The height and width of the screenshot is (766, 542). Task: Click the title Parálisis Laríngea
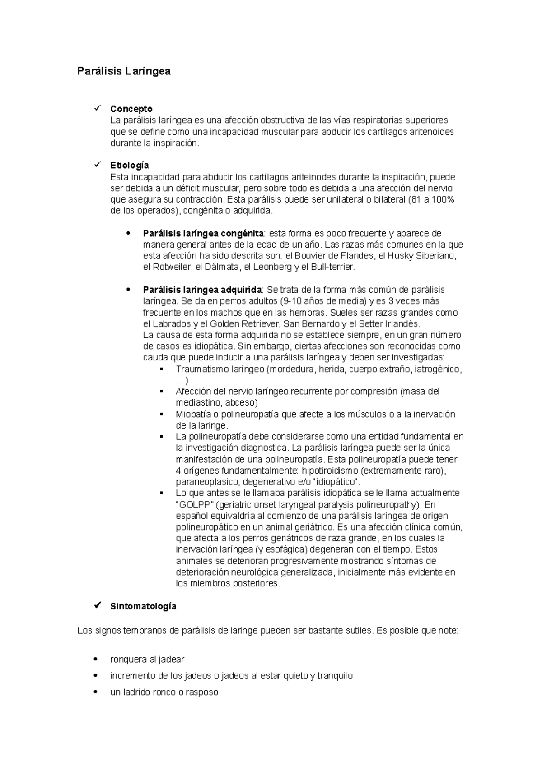click(x=123, y=71)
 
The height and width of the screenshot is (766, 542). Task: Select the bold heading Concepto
click(x=131, y=109)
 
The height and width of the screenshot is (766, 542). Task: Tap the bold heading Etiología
click(x=129, y=165)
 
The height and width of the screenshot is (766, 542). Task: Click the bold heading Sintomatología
click(x=143, y=606)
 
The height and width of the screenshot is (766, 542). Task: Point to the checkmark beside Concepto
click(x=97, y=108)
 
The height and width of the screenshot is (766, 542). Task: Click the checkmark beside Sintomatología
click(x=97, y=606)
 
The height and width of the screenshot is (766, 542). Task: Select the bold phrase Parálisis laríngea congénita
click(x=203, y=234)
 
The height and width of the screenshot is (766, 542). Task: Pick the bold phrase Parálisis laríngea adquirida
click(x=202, y=290)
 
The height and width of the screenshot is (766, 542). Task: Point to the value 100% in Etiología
click(x=444, y=199)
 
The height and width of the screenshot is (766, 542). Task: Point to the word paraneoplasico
click(x=204, y=482)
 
